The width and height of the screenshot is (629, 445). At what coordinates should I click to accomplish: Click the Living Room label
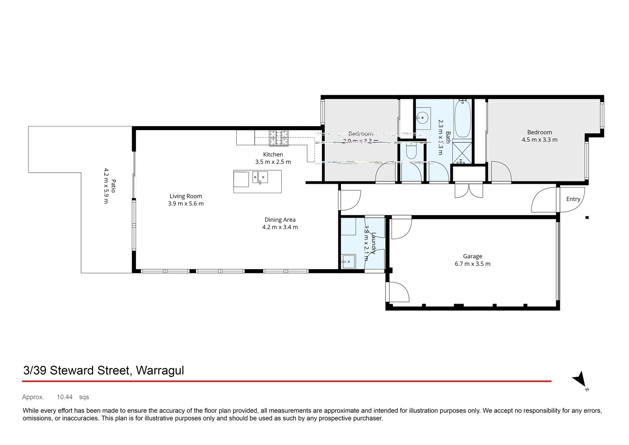tap(186, 196)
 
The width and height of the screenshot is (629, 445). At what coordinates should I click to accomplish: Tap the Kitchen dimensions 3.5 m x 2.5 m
tap(273, 162)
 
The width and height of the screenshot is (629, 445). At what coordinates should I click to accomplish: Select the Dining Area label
tap(280, 220)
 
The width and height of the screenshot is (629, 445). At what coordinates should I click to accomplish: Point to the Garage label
tap(472, 256)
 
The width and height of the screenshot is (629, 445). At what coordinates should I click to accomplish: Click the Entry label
tap(573, 199)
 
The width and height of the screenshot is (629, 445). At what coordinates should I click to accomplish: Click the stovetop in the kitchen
tap(279, 138)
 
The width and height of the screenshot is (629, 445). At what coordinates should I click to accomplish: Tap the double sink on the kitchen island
tap(260, 178)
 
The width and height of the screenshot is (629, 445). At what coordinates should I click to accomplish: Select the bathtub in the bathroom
tap(462, 118)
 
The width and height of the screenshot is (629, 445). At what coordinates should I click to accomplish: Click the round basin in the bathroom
tap(422, 117)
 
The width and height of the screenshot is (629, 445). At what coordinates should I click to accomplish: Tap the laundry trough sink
tap(348, 262)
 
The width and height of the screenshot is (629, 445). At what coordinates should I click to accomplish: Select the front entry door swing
tap(544, 200)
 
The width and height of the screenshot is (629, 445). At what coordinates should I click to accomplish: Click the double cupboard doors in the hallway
tap(468, 190)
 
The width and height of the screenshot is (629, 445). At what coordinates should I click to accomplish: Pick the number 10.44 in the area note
tap(65, 397)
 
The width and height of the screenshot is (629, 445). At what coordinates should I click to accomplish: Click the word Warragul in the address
tap(160, 370)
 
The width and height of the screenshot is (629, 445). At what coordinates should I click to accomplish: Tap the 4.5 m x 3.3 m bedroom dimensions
tap(539, 140)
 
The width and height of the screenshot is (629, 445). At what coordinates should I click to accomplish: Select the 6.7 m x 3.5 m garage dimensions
tap(472, 264)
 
